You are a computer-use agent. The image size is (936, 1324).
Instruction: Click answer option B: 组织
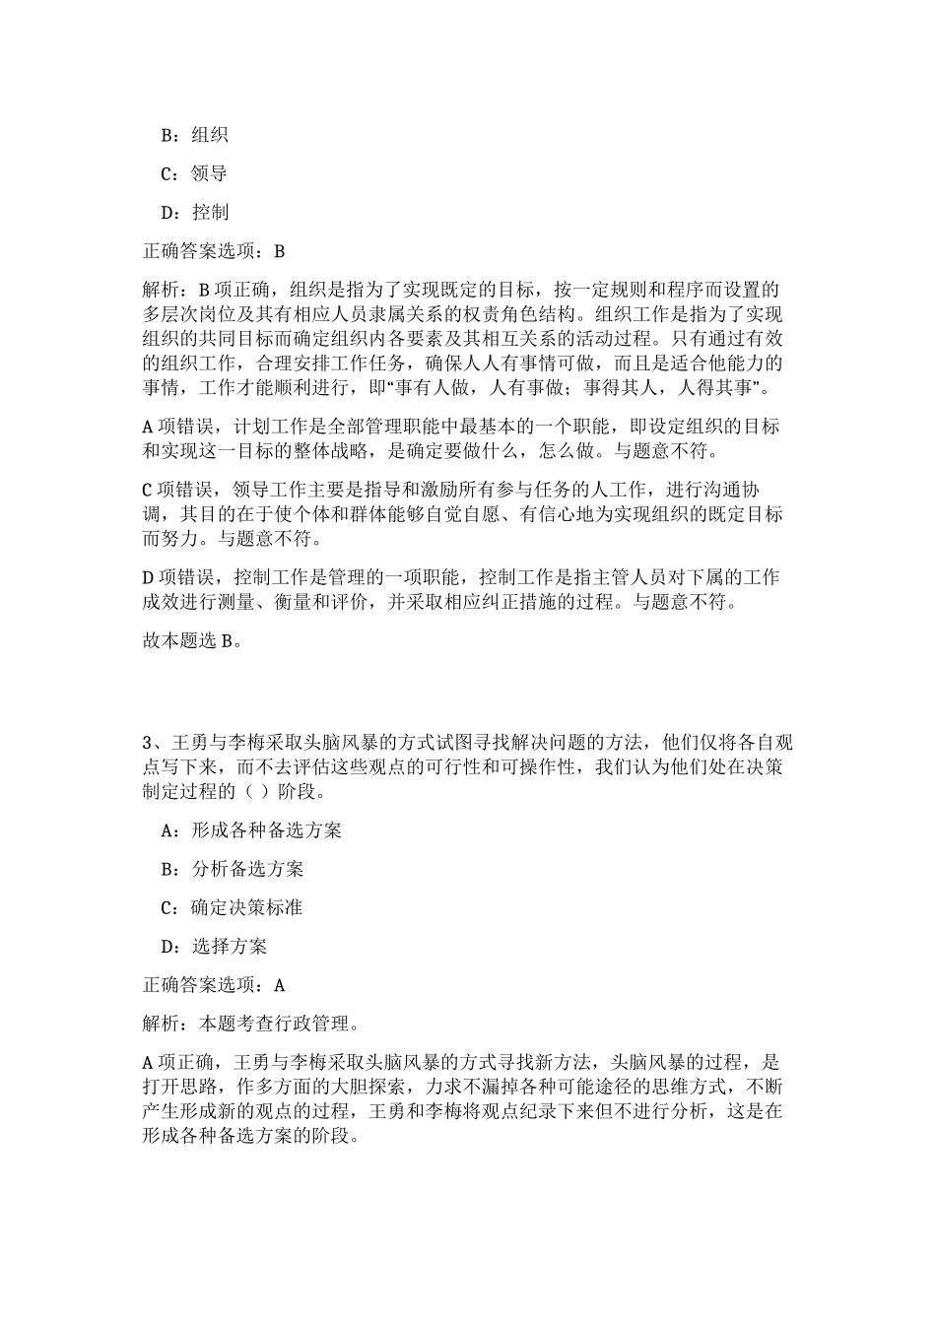(194, 135)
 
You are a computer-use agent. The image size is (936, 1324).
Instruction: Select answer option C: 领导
(194, 173)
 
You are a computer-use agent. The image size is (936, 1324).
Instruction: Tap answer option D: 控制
(194, 212)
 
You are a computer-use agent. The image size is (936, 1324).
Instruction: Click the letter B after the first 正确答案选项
(279, 251)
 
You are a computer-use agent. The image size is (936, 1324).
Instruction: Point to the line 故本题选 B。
(191, 640)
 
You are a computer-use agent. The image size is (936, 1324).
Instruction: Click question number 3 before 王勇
(149, 741)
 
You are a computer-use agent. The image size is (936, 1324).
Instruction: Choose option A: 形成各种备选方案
(251, 829)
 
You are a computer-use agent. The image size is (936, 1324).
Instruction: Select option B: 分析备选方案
(233, 869)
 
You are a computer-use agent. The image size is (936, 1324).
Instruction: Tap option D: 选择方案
(214, 947)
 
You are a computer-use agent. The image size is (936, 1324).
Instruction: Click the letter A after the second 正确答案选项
(279, 985)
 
